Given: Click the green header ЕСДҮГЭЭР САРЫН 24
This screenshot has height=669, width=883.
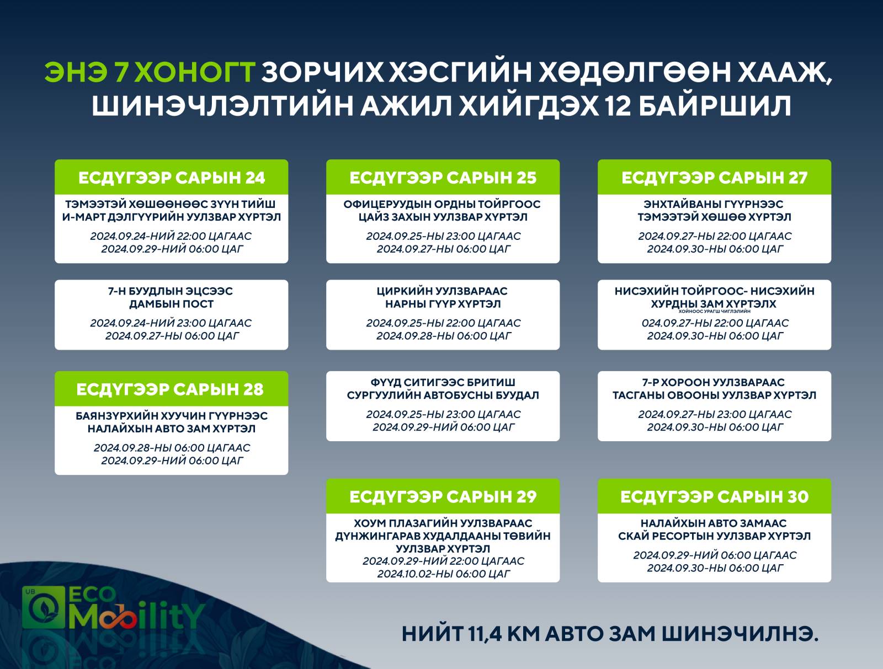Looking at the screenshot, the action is [x=172, y=177].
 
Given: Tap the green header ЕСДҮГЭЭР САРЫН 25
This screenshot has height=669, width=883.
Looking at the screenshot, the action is [x=443, y=177].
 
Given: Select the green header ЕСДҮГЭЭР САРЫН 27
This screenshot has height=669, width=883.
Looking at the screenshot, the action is [x=715, y=177].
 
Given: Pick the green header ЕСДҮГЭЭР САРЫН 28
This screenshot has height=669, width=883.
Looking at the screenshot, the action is [x=172, y=389].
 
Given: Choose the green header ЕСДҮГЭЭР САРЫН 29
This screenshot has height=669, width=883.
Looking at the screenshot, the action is [x=443, y=496].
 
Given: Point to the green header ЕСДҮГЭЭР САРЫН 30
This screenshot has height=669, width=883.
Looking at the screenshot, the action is [x=715, y=496].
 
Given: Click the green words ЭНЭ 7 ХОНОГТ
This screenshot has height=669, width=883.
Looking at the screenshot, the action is [x=150, y=72].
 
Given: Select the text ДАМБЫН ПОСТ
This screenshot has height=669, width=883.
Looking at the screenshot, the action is [x=172, y=304].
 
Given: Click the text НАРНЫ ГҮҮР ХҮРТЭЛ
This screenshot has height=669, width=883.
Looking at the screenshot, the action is [x=443, y=304].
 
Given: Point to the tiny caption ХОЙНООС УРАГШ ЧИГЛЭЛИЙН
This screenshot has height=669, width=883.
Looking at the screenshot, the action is [x=715, y=311].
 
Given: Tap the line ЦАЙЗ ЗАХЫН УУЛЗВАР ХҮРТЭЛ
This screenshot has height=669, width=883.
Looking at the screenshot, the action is [x=443, y=217].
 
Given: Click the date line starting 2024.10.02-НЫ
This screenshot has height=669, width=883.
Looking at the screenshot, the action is [x=443, y=574].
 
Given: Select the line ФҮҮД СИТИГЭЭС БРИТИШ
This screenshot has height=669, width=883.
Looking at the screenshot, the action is [x=443, y=382].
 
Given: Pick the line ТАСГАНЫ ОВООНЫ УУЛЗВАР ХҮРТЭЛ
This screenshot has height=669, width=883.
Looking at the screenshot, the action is [x=715, y=395].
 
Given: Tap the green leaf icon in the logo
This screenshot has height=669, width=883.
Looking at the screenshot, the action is [x=43, y=607].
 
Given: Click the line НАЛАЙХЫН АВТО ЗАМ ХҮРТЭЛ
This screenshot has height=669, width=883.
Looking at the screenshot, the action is [x=172, y=429].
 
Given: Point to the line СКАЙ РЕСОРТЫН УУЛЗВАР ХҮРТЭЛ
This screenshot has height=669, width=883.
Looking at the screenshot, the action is [x=715, y=536].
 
